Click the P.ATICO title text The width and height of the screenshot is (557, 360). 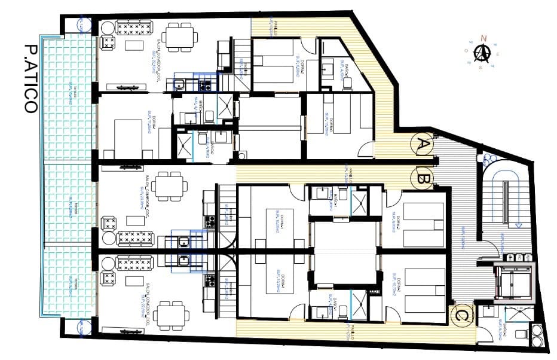pyautogui.click(x=29, y=78)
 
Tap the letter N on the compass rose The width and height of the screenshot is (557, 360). pyautogui.click(x=484, y=38)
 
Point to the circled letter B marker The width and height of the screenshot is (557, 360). pyautogui.click(x=424, y=178)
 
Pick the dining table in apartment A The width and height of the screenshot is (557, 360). pyautogui.click(x=180, y=36)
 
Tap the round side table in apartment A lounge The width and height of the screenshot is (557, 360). pyautogui.click(x=108, y=28)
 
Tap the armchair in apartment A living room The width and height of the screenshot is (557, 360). pyautogui.click(x=108, y=42)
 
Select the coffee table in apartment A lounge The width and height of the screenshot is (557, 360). pyautogui.click(x=134, y=46)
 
